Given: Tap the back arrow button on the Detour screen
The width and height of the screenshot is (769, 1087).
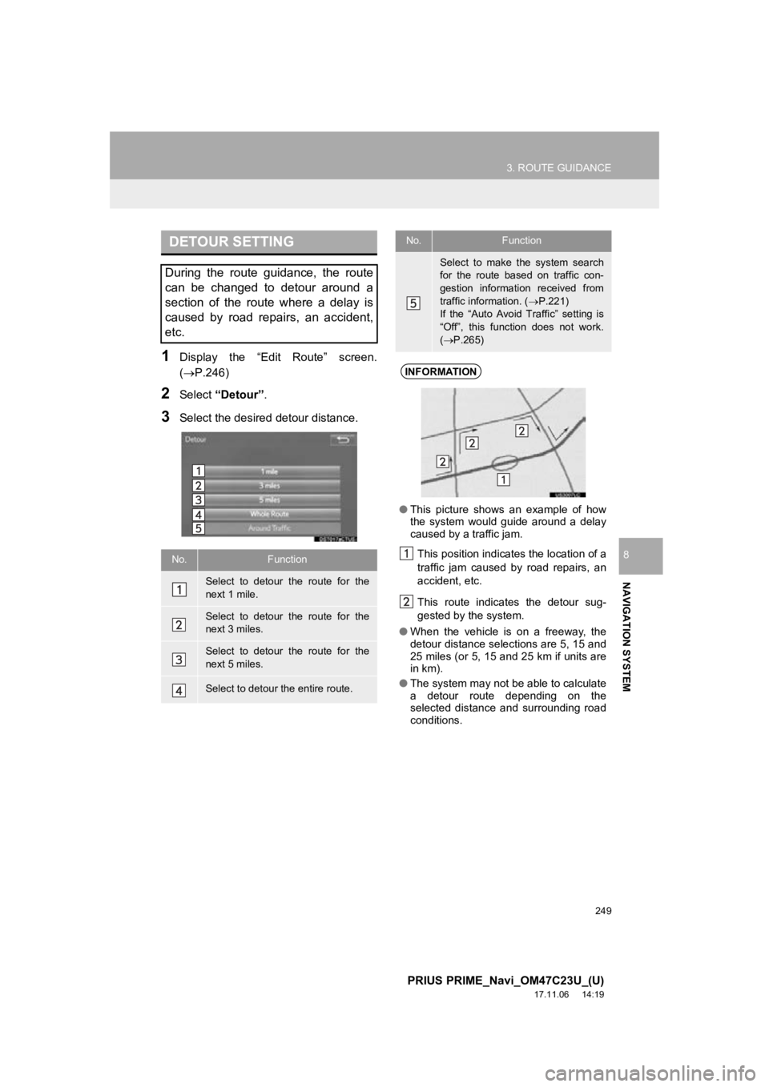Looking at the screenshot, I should pyautogui.click(x=344, y=439).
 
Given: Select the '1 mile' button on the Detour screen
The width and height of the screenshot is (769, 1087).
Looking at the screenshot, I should pyautogui.click(x=269, y=471).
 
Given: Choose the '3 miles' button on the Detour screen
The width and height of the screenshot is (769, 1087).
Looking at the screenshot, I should pyautogui.click(x=269, y=486).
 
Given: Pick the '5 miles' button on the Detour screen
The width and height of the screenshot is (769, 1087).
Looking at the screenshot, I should pyautogui.click(x=269, y=499).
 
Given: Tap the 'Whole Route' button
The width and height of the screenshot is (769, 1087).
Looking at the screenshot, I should pyautogui.click(x=269, y=514).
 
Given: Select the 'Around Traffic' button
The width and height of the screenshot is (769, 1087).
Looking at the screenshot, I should pyautogui.click(x=269, y=528).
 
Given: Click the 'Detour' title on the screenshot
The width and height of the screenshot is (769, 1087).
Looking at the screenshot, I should pyautogui.click(x=194, y=439).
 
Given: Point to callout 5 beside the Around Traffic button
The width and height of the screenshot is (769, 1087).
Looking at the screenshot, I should pyautogui.click(x=197, y=528).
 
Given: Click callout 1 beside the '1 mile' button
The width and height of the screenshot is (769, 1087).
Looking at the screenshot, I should pyautogui.click(x=197, y=471).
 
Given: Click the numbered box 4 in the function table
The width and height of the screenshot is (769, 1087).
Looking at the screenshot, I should pyautogui.click(x=178, y=689).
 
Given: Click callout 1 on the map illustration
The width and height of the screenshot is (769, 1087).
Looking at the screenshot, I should pyautogui.click(x=503, y=479).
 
